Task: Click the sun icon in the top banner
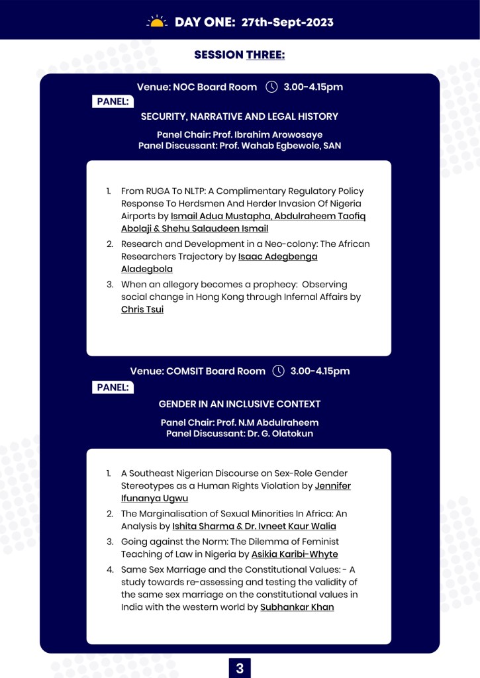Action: (x=157, y=22)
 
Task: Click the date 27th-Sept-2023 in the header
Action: (x=287, y=23)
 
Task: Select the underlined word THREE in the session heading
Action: (x=265, y=55)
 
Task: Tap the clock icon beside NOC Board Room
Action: (x=271, y=87)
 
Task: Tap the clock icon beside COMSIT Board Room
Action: (x=279, y=371)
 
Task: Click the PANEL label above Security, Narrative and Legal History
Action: (x=113, y=101)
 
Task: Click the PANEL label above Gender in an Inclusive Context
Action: (x=113, y=387)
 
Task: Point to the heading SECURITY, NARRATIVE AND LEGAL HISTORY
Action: (x=240, y=117)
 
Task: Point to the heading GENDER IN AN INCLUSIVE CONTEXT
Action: (x=240, y=404)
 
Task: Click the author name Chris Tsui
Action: (x=142, y=309)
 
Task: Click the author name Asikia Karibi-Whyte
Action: (x=295, y=554)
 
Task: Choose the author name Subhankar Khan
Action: (x=297, y=607)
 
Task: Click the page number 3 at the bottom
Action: (x=240, y=669)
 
